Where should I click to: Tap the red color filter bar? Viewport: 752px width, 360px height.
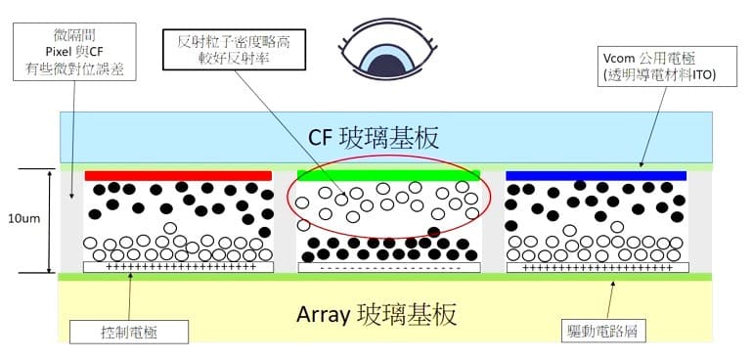pos(178,175)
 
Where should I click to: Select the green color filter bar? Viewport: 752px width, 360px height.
pos(390,175)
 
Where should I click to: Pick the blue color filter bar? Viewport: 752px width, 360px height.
pos(596,175)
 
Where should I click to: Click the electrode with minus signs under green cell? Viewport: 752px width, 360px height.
pos(389,267)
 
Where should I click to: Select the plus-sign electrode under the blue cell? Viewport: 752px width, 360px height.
pos(597,267)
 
